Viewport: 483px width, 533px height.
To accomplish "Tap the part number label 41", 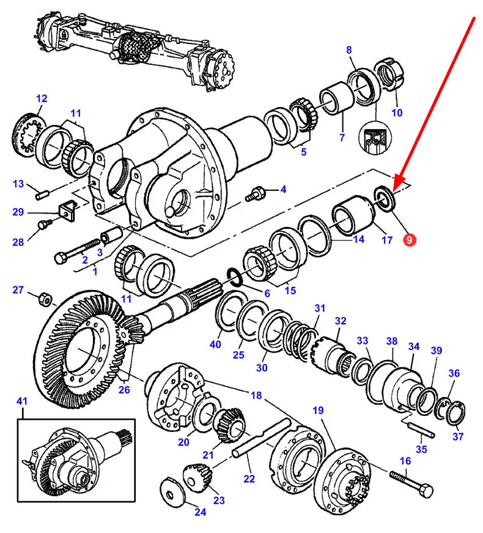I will pyautogui.click(x=22, y=401).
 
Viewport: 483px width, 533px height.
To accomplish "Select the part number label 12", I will pyautogui.click(x=42, y=98).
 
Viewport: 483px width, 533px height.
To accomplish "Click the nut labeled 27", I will pyautogui.click(x=44, y=299).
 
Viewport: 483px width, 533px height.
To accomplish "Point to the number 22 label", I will pyautogui.click(x=249, y=478).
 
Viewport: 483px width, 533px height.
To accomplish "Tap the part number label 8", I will pyautogui.click(x=349, y=50).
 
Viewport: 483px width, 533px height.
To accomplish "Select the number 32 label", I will pyautogui.click(x=340, y=321).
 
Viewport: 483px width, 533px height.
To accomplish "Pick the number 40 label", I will pyautogui.click(x=215, y=345).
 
